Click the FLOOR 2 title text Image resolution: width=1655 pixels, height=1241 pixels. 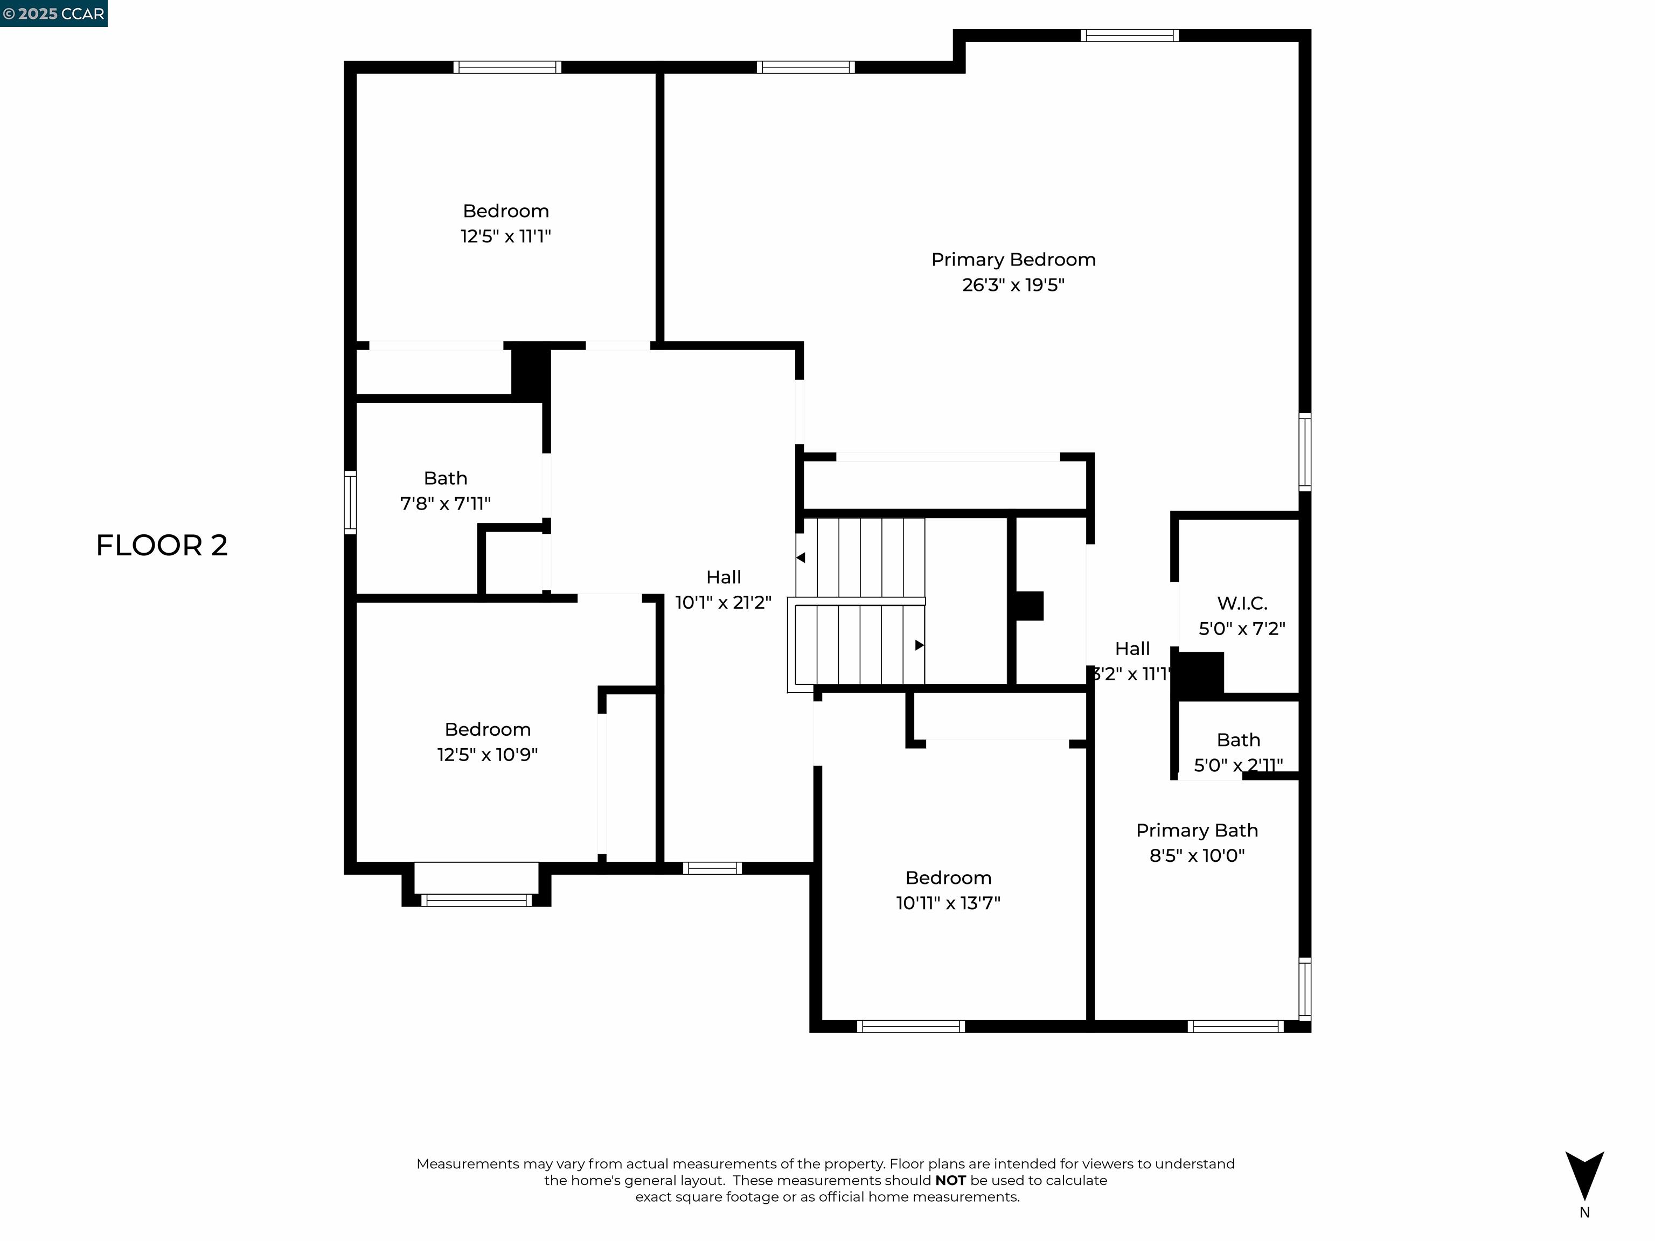click(x=162, y=545)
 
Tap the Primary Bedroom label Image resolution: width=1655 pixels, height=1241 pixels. click(x=1013, y=260)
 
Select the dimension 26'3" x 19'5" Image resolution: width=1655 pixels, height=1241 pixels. click(x=1013, y=285)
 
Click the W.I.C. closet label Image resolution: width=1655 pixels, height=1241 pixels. click(x=1242, y=603)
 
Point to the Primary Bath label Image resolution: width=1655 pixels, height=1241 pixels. click(x=1197, y=831)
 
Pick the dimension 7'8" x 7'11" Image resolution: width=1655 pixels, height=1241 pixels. click(x=445, y=504)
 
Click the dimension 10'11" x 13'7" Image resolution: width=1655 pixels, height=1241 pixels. click(x=948, y=903)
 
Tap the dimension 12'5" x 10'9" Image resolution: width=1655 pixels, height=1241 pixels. click(x=487, y=755)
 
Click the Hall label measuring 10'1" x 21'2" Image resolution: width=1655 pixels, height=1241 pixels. click(x=724, y=577)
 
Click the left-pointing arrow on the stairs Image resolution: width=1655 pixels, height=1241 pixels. click(x=801, y=557)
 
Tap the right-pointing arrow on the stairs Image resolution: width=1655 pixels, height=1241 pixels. click(x=920, y=645)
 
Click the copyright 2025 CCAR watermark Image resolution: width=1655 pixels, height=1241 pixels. click(x=54, y=13)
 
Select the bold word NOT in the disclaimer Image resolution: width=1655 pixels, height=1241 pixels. click(x=950, y=1181)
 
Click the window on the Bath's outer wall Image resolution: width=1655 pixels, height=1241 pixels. click(x=350, y=502)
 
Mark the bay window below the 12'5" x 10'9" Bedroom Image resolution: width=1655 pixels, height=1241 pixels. click(x=476, y=900)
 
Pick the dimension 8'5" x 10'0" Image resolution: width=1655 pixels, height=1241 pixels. click(x=1197, y=856)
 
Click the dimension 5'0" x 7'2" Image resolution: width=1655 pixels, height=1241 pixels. click(x=1242, y=629)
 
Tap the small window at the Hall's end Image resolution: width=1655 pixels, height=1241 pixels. click(x=712, y=868)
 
